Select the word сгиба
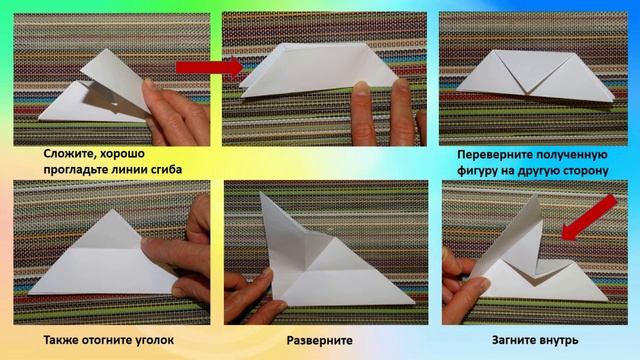(x=164, y=169)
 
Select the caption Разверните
(x=320, y=340)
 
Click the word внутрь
(x=560, y=340)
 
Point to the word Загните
(x=515, y=340)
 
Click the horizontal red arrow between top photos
(x=210, y=67)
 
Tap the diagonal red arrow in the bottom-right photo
(x=589, y=218)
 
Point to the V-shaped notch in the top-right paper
(x=527, y=93)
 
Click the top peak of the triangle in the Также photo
(x=113, y=210)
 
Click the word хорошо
(x=122, y=154)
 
